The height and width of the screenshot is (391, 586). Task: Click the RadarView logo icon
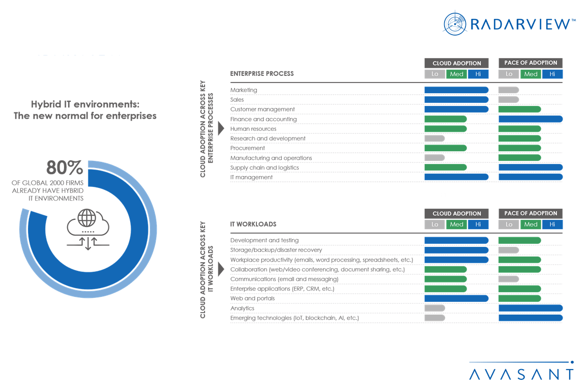(x=454, y=23)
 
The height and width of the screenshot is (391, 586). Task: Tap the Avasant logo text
(x=521, y=374)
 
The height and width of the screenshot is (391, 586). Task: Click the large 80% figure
(x=64, y=167)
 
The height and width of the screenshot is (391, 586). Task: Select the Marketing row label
(x=244, y=90)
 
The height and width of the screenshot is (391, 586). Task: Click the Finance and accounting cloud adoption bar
(x=446, y=119)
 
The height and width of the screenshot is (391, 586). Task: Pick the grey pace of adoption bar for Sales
(x=509, y=100)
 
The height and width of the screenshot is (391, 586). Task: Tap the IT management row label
(x=251, y=177)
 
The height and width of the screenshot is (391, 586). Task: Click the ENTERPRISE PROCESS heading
(x=262, y=73)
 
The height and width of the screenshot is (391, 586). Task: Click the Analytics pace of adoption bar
(x=531, y=308)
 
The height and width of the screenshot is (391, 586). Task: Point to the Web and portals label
(x=252, y=298)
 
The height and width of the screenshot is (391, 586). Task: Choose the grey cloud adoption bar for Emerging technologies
(x=435, y=318)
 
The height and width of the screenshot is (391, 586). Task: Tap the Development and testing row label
(x=265, y=240)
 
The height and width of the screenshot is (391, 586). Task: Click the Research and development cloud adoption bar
(x=434, y=138)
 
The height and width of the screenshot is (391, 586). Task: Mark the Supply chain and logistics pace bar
(x=531, y=167)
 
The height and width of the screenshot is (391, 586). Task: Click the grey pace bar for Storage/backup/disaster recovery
(x=509, y=250)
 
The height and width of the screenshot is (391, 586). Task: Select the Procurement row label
(x=247, y=148)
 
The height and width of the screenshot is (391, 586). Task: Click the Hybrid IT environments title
(x=85, y=110)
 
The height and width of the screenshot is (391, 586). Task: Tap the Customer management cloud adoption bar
(x=456, y=109)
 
